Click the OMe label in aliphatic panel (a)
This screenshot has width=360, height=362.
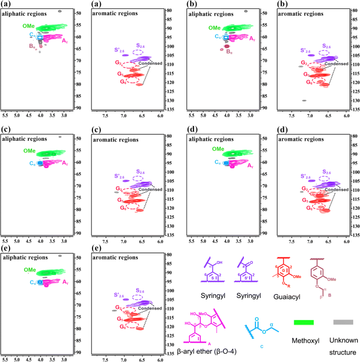point(29,26)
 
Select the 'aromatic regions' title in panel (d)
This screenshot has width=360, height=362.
point(299,139)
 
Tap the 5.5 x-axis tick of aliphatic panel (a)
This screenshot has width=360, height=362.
point(5,113)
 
